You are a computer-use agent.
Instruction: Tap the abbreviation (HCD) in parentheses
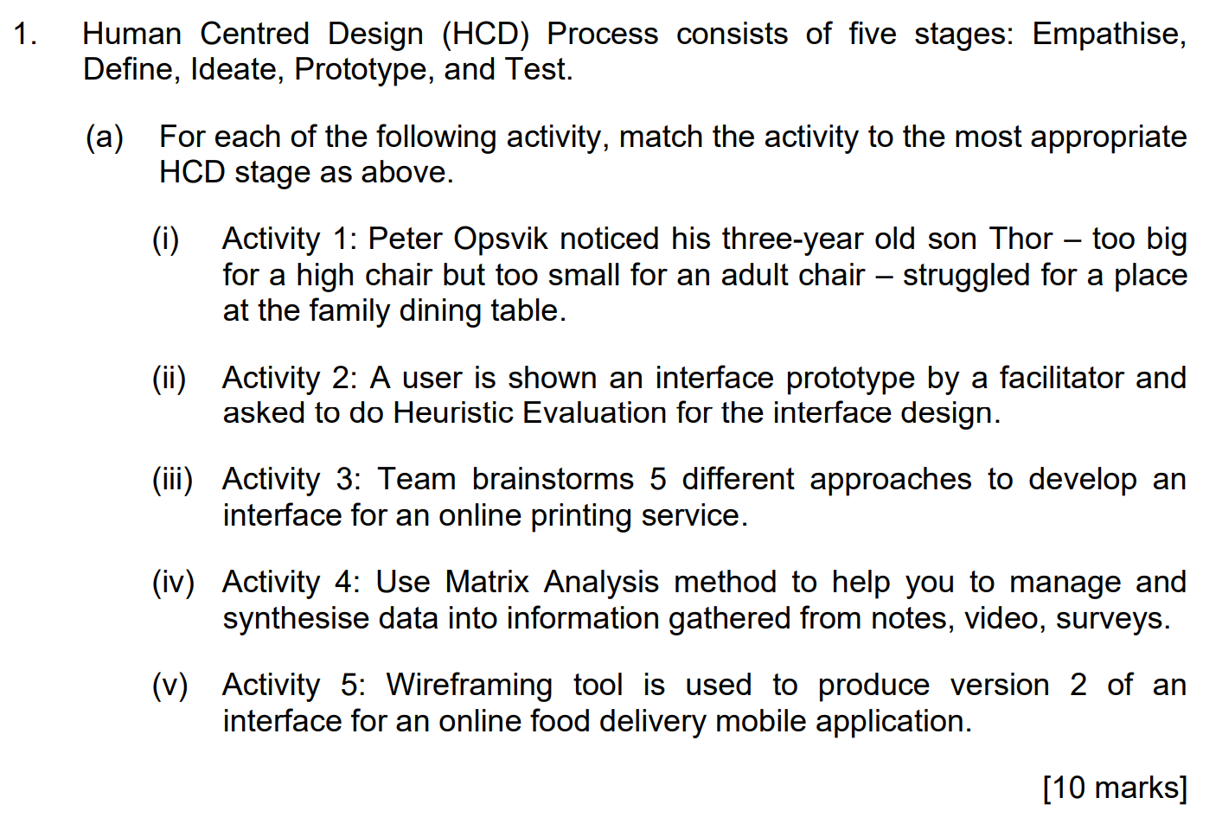pyautogui.click(x=485, y=35)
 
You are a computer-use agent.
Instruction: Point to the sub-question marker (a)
pyautogui.click(x=104, y=137)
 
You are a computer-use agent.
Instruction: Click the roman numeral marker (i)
pyautogui.click(x=165, y=239)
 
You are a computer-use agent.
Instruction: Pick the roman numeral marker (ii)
pyautogui.click(x=169, y=379)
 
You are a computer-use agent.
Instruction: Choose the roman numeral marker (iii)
pyautogui.click(x=172, y=480)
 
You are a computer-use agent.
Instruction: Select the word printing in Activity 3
pyautogui.click(x=581, y=516)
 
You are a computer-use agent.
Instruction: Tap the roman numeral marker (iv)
pyautogui.click(x=173, y=583)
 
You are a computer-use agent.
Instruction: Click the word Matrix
pyautogui.click(x=487, y=583)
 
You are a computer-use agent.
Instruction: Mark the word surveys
pyautogui.click(x=1111, y=619)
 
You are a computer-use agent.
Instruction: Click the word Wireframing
pyautogui.click(x=469, y=686)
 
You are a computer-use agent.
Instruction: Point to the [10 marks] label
pyautogui.click(x=1115, y=788)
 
